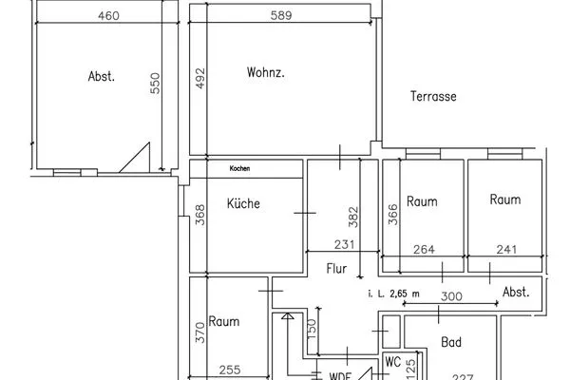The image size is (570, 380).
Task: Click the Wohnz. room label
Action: (x=266, y=73)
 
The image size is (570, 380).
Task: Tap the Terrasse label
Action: (x=434, y=97)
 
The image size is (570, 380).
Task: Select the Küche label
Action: (x=243, y=203)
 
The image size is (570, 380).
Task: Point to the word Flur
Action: (x=337, y=269)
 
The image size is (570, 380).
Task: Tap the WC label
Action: (x=393, y=362)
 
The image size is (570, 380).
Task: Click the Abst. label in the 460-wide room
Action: (x=102, y=77)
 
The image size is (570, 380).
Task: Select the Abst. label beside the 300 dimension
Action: (x=516, y=293)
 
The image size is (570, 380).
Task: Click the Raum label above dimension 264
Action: (x=422, y=201)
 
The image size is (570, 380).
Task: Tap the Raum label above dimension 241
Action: (x=505, y=199)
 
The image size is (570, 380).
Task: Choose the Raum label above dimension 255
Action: (x=224, y=321)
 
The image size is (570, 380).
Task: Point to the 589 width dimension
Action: (x=278, y=16)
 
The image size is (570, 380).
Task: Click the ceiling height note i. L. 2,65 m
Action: (x=393, y=295)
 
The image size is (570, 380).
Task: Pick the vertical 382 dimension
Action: (x=353, y=218)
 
